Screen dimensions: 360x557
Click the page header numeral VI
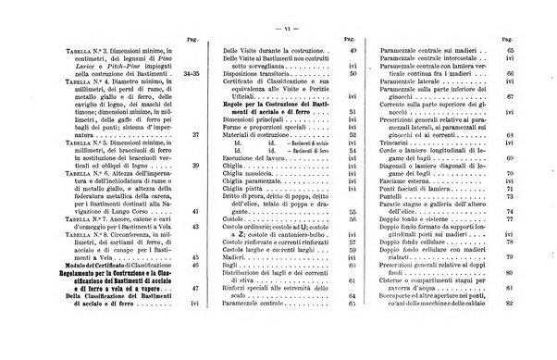tap(278, 6)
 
